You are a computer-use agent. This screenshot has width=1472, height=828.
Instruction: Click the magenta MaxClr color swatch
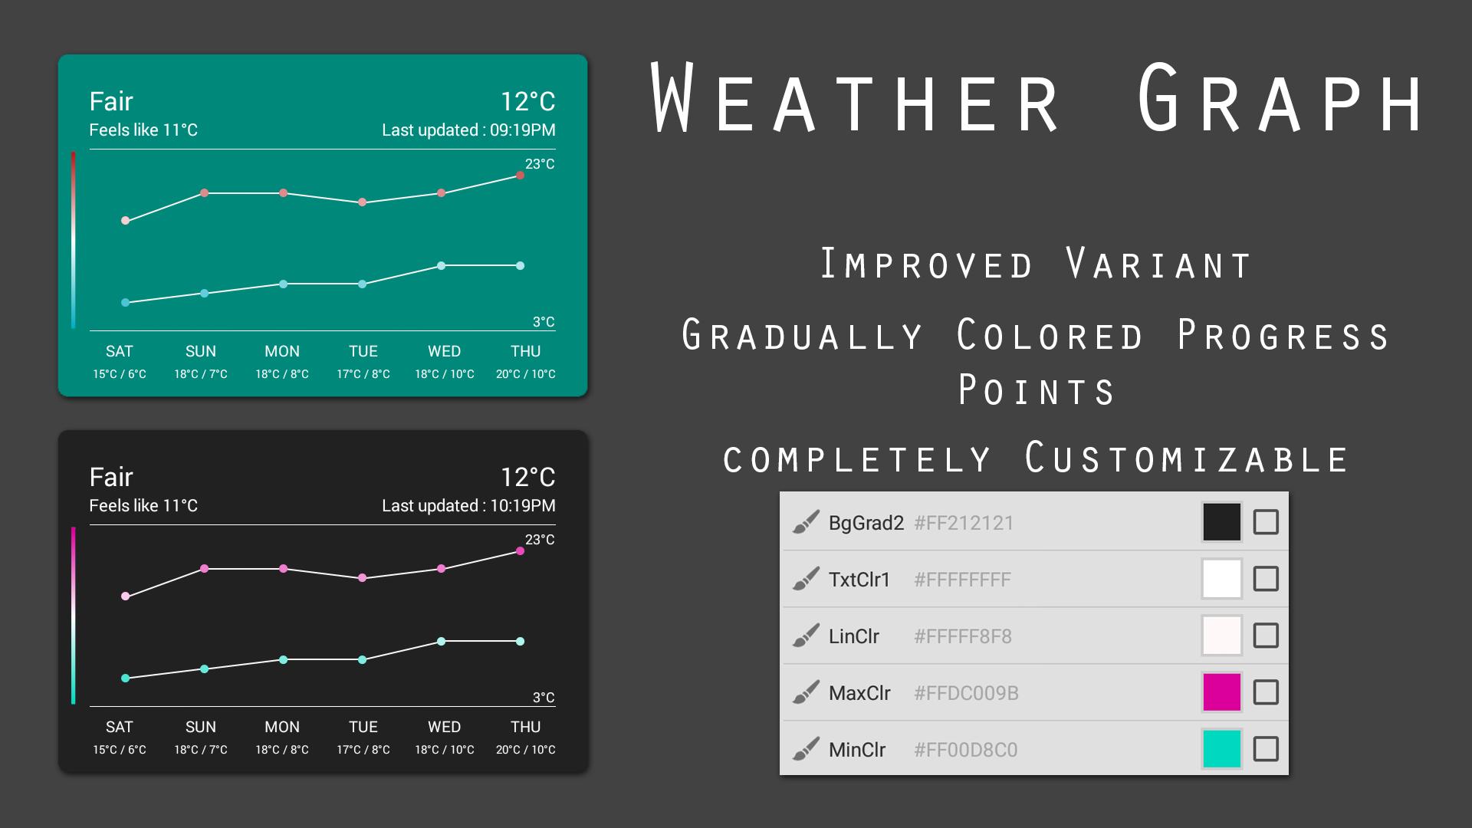1221,692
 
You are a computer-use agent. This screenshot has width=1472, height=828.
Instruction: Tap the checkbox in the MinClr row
1265,749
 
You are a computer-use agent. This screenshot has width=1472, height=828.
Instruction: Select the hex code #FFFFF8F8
962,636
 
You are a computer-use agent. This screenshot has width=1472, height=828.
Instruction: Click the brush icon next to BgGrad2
806,523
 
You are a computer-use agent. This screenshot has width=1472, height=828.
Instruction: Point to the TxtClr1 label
859,580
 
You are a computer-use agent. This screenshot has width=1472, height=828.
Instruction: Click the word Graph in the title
1280,100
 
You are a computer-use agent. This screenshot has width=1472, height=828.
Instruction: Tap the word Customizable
1186,458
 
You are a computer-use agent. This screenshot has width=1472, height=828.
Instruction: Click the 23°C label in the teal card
540,164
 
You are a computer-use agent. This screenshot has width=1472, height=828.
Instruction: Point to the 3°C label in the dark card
544,698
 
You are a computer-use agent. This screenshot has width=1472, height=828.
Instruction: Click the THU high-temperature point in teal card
521,176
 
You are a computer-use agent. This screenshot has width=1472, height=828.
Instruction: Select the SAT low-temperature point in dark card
126,678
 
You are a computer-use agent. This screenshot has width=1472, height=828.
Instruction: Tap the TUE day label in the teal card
363,351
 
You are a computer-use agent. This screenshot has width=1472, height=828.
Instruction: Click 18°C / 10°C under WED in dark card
445,750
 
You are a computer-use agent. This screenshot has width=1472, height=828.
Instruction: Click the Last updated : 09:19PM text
468,130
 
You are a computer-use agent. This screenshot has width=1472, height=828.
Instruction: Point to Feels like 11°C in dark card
143,506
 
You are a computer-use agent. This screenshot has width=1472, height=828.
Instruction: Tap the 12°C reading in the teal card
527,101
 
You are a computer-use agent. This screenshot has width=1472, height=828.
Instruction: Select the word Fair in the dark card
111,477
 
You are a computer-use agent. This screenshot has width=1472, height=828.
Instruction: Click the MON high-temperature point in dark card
284,569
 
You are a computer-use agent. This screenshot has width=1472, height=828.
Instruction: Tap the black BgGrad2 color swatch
1221,522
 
